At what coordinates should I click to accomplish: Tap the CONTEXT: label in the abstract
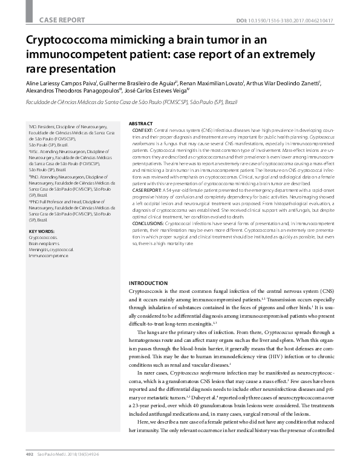pyautogui.click(x=143, y=130)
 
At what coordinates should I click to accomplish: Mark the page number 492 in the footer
pyautogui.click(x=28, y=462)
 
